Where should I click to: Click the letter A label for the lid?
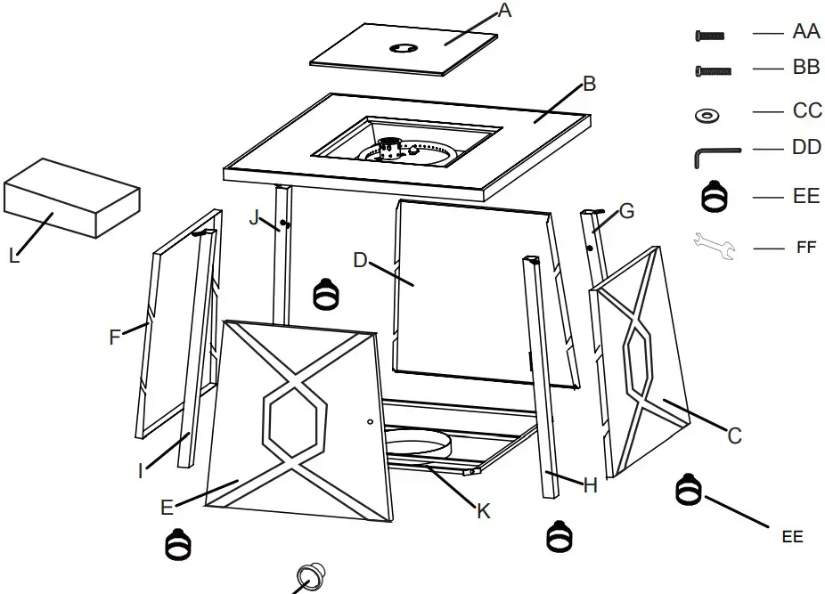tap(505, 11)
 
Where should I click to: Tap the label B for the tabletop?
tap(589, 85)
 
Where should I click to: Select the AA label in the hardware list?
tap(805, 32)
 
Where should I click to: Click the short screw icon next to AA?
tap(710, 36)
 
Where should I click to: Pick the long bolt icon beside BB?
tap(712, 70)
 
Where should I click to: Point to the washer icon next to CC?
tap(709, 115)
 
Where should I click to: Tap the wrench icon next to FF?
tap(715, 247)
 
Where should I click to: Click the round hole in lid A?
tap(404, 49)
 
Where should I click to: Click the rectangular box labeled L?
tap(71, 198)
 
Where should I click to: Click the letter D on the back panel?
tap(360, 260)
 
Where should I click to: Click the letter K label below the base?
tap(483, 511)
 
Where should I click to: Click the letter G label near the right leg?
tap(626, 211)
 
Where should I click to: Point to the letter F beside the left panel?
tap(114, 337)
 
